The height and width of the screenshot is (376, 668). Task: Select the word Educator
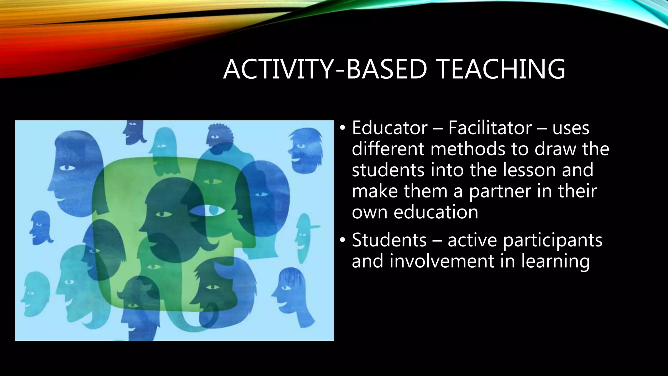(x=389, y=128)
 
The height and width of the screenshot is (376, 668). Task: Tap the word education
(x=436, y=212)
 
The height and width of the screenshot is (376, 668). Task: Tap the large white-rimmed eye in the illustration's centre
(x=207, y=211)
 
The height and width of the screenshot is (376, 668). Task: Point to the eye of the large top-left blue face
(x=67, y=168)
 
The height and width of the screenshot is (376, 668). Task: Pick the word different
(x=388, y=149)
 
